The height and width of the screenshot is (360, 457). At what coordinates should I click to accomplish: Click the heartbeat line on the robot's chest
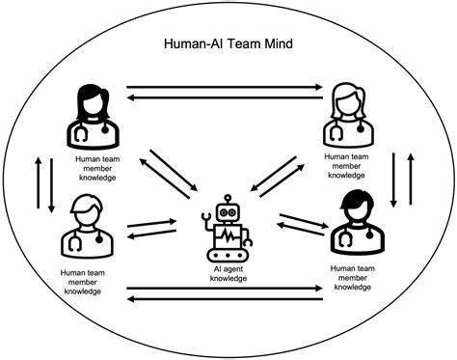[x=228, y=235]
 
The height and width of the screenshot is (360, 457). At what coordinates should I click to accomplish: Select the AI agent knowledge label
[x=228, y=273]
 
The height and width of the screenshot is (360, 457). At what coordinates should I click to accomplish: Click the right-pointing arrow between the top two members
[x=228, y=86]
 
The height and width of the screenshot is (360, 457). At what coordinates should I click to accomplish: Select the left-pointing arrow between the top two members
[x=228, y=97]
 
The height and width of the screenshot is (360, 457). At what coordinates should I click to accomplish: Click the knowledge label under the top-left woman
[x=97, y=164]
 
